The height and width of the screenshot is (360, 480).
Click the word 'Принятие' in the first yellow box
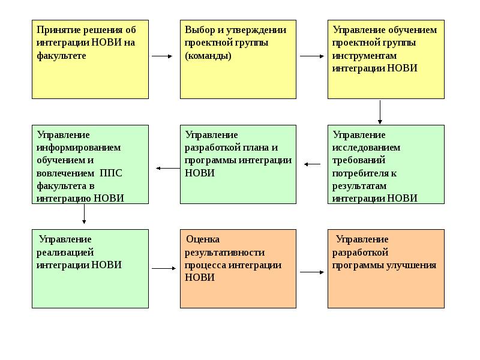56,30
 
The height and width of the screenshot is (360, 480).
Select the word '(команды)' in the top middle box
208,55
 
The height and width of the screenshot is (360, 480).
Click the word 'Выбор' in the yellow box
199,30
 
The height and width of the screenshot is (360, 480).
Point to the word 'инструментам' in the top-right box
365,55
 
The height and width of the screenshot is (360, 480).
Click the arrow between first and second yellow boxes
162,56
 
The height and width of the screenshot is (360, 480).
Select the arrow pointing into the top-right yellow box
311,56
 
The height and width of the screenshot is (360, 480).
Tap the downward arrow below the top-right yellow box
380,112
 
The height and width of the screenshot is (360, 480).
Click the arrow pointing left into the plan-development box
313,164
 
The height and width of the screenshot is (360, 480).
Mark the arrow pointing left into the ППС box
167,168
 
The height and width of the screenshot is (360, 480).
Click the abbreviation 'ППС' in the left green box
111,173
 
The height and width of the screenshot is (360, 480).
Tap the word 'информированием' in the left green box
79,148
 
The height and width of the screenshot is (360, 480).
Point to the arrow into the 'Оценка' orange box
163,268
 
